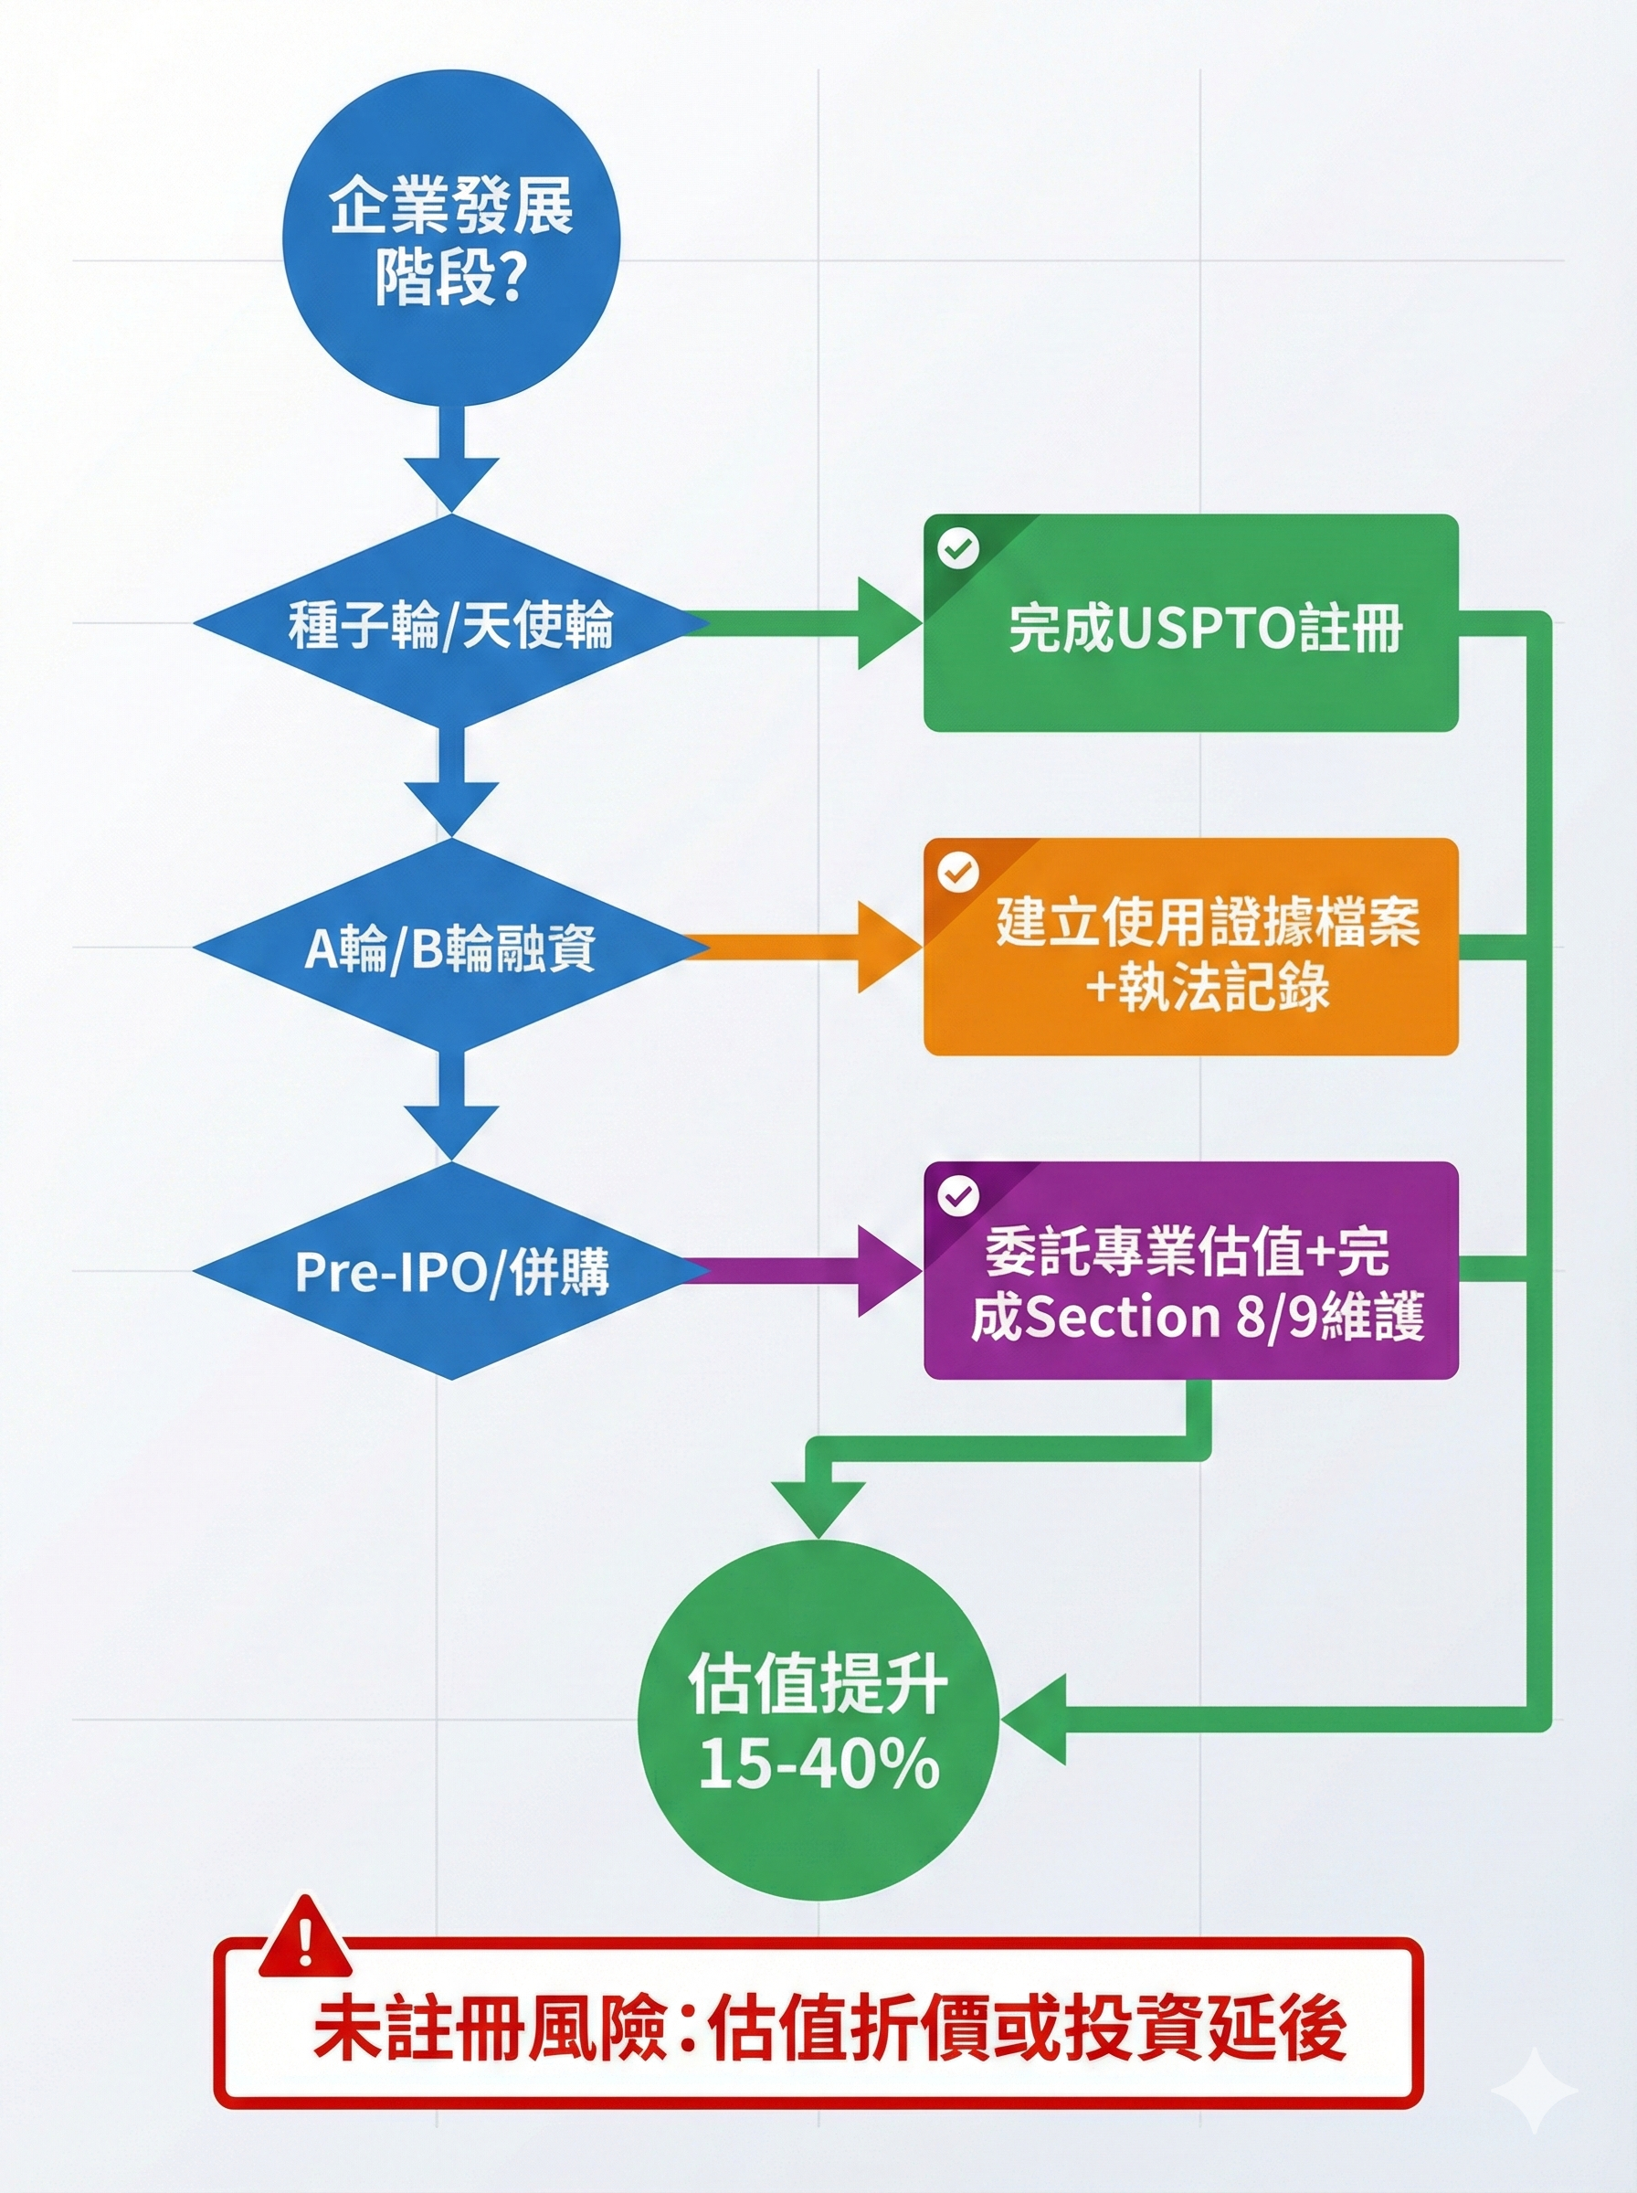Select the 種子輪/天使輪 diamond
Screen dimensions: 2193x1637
click(x=451, y=623)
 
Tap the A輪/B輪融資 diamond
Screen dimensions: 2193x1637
click(x=451, y=948)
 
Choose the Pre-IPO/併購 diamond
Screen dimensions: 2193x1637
click(x=451, y=1271)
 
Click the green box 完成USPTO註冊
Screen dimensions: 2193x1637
click(x=1190, y=623)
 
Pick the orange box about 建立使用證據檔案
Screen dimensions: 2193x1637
click(x=1190, y=948)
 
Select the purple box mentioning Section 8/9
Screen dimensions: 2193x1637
click(x=1190, y=1271)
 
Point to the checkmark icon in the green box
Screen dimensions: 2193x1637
click(x=957, y=548)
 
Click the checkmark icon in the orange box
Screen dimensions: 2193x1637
click(x=957, y=872)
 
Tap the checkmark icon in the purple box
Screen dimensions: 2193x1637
click(x=957, y=1196)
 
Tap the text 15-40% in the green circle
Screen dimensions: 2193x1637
click(x=818, y=1764)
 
